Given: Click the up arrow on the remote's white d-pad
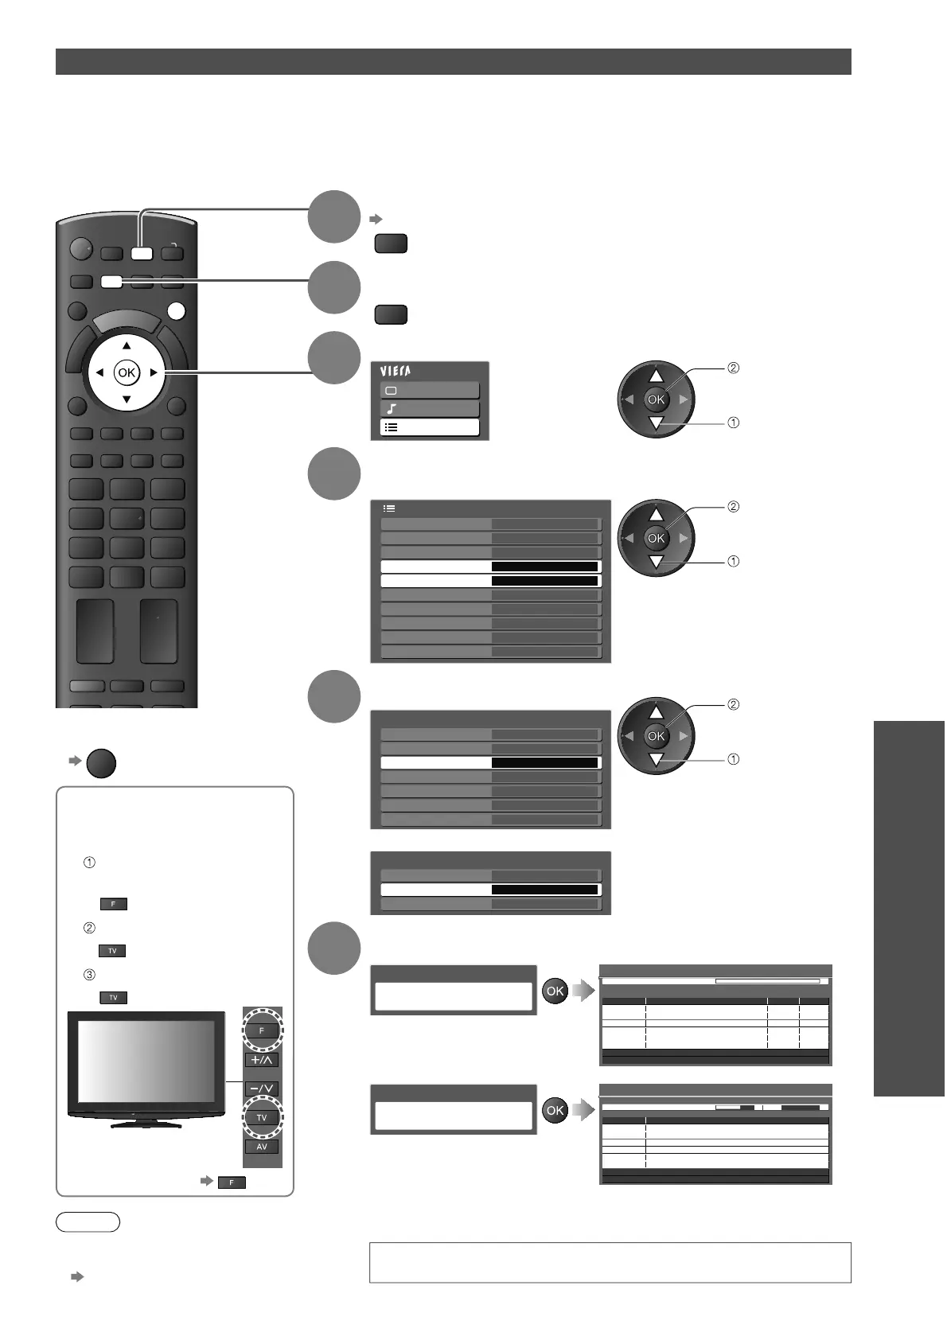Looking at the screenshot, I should pyautogui.click(x=127, y=346).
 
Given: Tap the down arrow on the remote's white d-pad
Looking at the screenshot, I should pyautogui.click(x=127, y=399).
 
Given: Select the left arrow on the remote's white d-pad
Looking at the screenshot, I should pyautogui.click(x=99, y=372).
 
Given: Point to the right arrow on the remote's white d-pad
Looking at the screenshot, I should pyautogui.click(x=153, y=372).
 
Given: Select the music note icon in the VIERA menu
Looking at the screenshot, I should pyautogui.click(x=392, y=409).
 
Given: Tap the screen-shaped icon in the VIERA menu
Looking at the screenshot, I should pyautogui.click(x=392, y=391).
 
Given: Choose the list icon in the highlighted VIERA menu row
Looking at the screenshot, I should pyautogui.click(x=392, y=427).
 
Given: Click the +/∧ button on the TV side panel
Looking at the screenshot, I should pyautogui.click(x=262, y=1060).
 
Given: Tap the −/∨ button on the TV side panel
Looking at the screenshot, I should pyautogui.click(x=262, y=1089).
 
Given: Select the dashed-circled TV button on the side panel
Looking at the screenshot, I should pyautogui.click(x=262, y=1117).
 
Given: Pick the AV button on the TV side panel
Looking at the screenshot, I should pyautogui.click(x=262, y=1147).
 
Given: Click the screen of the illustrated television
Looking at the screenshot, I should pyautogui.click(x=146, y=1058).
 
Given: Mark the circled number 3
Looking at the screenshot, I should pyautogui.click(x=89, y=975).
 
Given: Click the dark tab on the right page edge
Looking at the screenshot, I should pyautogui.click(x=909, y=908).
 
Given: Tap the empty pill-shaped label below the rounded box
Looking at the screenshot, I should pyautogui.click(x=88, y=1222).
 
